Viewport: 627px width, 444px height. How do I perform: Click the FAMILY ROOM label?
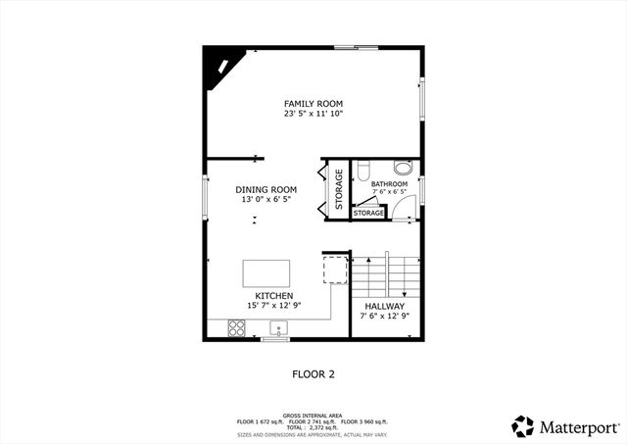pyautogui.click(x=313, y=103)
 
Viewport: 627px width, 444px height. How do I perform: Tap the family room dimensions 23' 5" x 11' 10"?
pyautogui.click(x=313, y=114)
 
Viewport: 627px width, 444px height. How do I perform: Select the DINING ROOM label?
pyautogui.click(x=265, y=189)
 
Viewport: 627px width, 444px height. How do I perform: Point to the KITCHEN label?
pyautogui.click(x=273, y=296)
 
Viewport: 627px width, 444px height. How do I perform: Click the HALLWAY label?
pyautogui.click(x=382, y=306)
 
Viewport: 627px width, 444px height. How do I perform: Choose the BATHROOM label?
pyautogui.click(x=389, y=183)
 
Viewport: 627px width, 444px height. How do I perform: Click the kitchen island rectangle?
pyautogui.click(x=266, y=272)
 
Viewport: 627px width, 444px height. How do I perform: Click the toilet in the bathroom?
pyautogui.click(x=362, y=170)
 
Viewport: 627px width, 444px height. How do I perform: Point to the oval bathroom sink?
pyautogui.click(x=402, y=166)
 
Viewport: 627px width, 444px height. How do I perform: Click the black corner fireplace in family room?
pyautogui.click(x=219, y=67)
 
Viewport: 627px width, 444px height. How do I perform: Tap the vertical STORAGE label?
pyautogui.click(x=339, y=189)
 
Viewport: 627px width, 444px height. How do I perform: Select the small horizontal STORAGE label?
pyautogui.click(x=368, y=213)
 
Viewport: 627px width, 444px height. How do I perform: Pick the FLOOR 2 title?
pyautogui.click(x=313, y=373)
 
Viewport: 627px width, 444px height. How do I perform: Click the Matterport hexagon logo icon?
pyautogui.click(x=523, y=426)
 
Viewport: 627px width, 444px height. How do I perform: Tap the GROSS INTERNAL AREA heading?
pyautogui.click(x=313, y=415)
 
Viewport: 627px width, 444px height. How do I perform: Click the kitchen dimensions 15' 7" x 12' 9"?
pyautogui.click(x=273, y=306)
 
